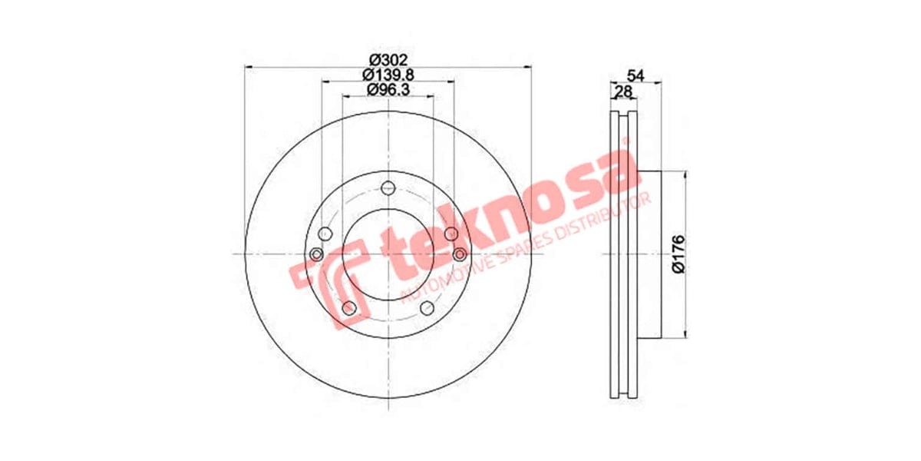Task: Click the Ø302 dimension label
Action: (x=388, y=60)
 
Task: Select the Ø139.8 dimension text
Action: (x=388, y=75)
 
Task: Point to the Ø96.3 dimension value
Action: (x=388, y=89)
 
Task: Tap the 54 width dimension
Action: (x=635, y=75)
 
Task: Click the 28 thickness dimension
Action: (x=623, y=91)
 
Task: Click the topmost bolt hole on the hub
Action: (x=388, y=187)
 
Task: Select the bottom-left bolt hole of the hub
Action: (x=349, y=308)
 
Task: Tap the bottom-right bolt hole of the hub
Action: (x=427, y=308)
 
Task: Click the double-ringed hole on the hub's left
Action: (x=316, y=254)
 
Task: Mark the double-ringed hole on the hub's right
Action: (x=460, y=254)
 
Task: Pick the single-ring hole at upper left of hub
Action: (x=325, y=234)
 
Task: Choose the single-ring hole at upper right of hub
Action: (x=451, y=234)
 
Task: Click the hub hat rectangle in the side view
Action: (x=649, y=254)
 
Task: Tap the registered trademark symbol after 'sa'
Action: (x=625, y=142)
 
